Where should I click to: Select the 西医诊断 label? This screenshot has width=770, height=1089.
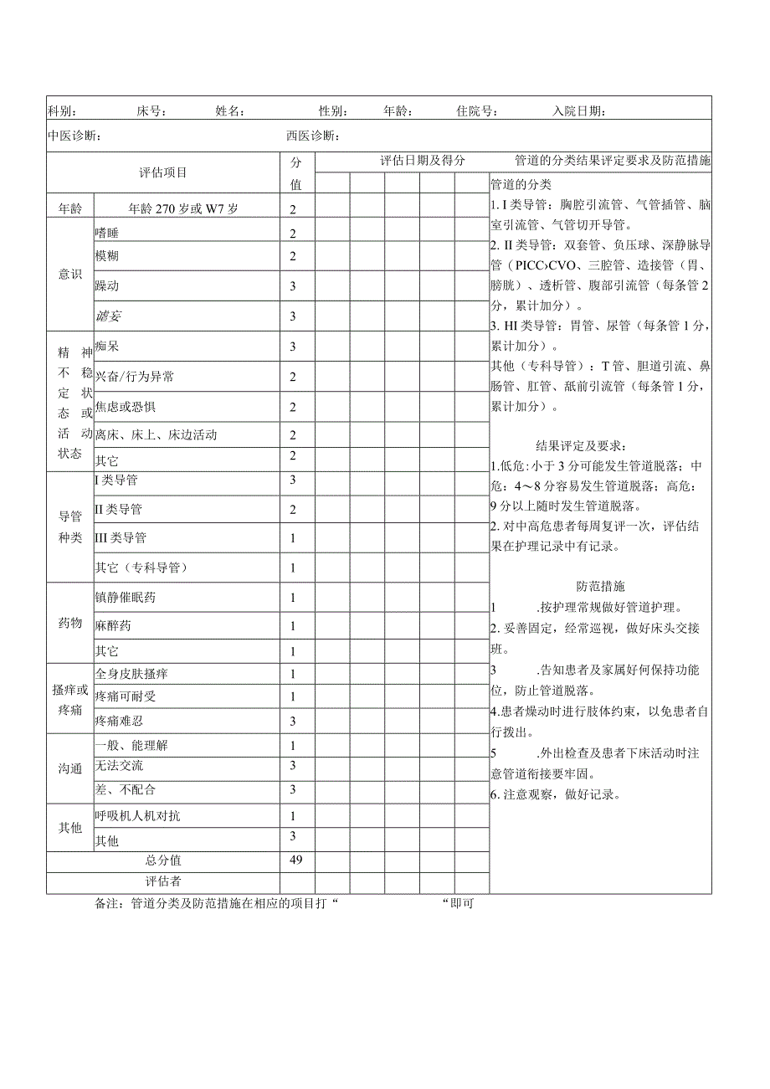(311, 136)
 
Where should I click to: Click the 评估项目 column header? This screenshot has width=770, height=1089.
(163, 172)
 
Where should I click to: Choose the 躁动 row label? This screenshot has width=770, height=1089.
(107, 285)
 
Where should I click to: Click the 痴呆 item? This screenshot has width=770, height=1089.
(107, 346)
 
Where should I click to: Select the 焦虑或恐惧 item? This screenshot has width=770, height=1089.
(126, 407)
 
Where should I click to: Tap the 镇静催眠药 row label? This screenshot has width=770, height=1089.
(126, 598)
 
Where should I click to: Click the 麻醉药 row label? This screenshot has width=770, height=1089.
(113, 626)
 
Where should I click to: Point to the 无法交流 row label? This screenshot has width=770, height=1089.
(120, 765)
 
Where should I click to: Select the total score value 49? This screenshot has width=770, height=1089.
(295, 860)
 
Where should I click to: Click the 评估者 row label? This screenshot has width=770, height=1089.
(163, 881)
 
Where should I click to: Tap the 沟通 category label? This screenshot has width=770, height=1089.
(70, 768)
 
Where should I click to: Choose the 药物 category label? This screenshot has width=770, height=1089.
(70, 624)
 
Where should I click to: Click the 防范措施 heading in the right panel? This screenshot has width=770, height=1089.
(600, 587)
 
